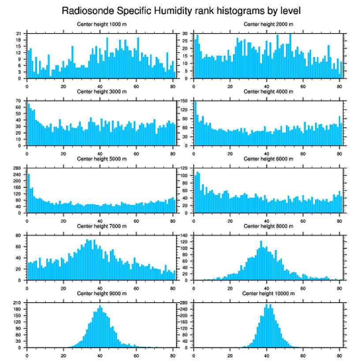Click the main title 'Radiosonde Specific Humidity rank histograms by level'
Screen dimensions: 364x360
click(181, 10)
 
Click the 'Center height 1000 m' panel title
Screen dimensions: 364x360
click(101, 24)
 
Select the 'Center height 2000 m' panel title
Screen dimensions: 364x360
click(268, 24)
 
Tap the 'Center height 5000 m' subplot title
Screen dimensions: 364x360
click(101, 159)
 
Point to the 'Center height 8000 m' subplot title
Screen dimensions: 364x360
click(268, 226)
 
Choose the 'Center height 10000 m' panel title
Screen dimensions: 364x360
click(268, 293)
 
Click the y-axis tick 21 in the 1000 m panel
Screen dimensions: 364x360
click(19, 34)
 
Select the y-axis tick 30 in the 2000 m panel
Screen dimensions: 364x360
click(186, 34)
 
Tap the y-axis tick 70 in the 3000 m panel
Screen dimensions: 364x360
click(19, 101)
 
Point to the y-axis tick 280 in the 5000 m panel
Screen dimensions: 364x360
click(18, 168)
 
